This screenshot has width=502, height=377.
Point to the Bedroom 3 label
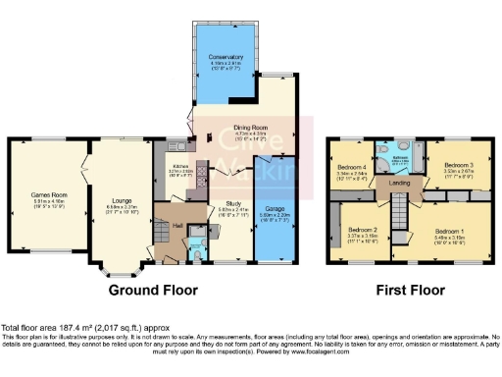(458, 164)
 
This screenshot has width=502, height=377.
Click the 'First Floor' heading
(403, 291)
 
